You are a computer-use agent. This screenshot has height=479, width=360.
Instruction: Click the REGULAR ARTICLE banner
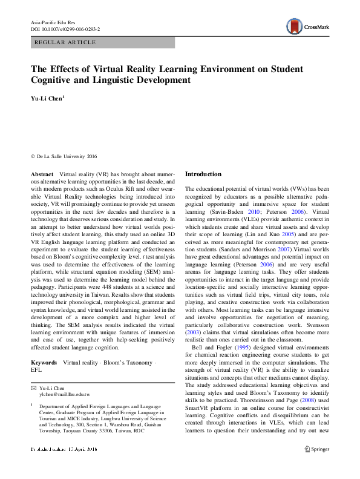[x=66, y=42]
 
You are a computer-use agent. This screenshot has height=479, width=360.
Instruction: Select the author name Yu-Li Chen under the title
[x=47, y=97]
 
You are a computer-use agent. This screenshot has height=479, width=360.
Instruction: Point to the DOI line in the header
[x=65, y=28]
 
